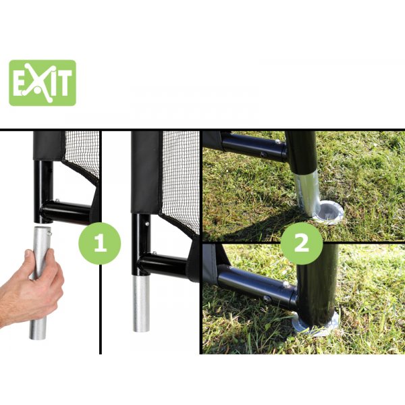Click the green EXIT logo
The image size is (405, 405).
43,83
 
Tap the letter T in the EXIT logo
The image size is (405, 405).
64,82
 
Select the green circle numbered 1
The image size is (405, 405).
100,243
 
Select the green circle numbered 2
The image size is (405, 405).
302,243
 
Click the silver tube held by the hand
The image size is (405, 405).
40,283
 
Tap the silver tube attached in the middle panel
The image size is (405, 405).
141,304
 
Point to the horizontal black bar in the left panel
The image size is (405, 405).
67,213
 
